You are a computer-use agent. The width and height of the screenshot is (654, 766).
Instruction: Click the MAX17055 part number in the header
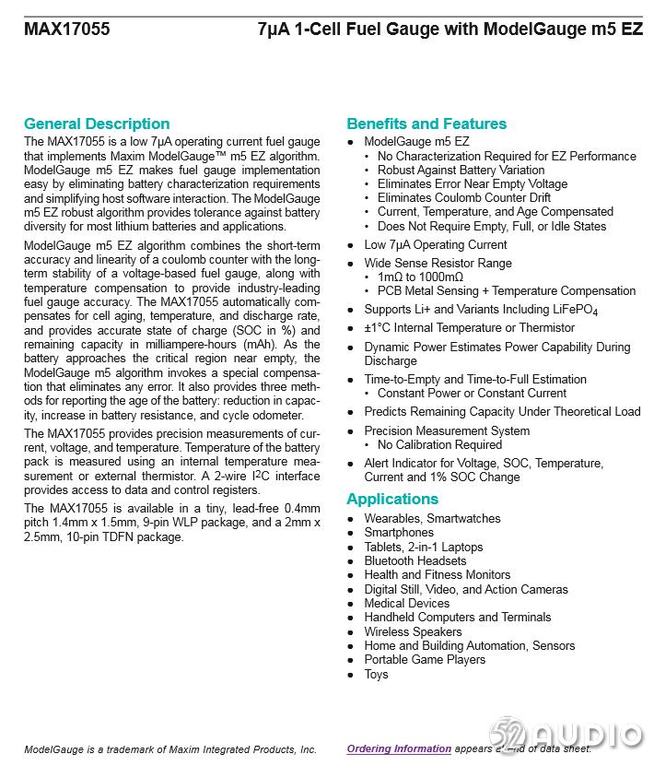pos(66,29)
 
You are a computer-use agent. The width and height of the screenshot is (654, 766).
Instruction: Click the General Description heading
pos(97,124)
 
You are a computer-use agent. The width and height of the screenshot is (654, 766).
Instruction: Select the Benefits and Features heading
pos(426,124)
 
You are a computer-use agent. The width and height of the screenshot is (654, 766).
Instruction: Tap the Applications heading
pos(392,500)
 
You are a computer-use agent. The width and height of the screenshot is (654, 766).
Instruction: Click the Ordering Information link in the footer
pos(399,749)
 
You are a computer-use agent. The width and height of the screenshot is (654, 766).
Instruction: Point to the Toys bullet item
pos(376,674)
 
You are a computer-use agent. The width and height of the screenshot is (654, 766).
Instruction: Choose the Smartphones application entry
pos(398,532)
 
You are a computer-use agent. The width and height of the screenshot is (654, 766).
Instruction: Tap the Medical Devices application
pos(406,603)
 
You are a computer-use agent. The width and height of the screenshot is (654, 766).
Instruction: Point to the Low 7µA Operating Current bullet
pos(435,244)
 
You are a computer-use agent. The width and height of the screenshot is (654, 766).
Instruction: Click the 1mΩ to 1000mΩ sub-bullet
pos(420,277)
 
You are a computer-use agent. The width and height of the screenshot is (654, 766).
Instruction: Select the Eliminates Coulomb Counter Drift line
pos(463,197)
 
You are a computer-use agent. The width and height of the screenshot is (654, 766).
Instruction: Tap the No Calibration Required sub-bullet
pos(439,444)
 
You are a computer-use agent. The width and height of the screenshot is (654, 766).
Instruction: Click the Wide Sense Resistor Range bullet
pos(438,263)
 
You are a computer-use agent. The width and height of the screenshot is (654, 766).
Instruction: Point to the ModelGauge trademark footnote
pos(170,749)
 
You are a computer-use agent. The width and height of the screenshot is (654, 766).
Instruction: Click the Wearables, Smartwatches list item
pos(432,518)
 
